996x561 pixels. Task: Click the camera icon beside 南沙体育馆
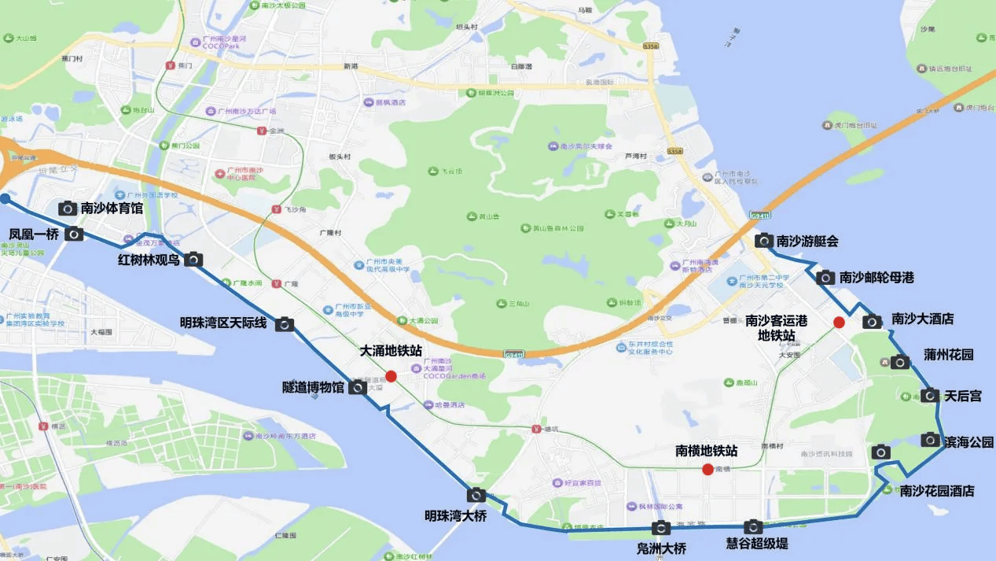pos(68,209)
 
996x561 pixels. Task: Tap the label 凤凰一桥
pos(34,234)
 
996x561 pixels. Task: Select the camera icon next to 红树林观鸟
pos(193,259)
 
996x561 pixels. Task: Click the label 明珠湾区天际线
pos(223,323)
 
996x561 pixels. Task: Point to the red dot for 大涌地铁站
pos(391,376)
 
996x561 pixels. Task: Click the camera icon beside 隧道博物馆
pos(357,387)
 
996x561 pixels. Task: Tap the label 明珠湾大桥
pos(456,516)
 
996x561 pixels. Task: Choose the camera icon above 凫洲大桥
pos(661,528)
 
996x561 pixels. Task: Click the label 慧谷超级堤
pos(756,543)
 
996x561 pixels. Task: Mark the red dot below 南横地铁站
pos(707,470)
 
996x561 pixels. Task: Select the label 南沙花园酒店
pos(937,491)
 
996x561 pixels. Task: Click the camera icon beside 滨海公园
pos(931,439)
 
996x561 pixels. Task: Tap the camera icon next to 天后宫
pos(930,395)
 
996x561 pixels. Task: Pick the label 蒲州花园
pos(948,355)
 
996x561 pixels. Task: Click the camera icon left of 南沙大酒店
pos(872,321)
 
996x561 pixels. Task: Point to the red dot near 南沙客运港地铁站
pos(839,322)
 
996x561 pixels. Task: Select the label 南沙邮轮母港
pos(877,277)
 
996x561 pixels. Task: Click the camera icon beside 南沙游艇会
pos(763,241)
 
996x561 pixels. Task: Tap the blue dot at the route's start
pos(5,198)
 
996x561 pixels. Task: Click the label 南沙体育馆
pos(112,209)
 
